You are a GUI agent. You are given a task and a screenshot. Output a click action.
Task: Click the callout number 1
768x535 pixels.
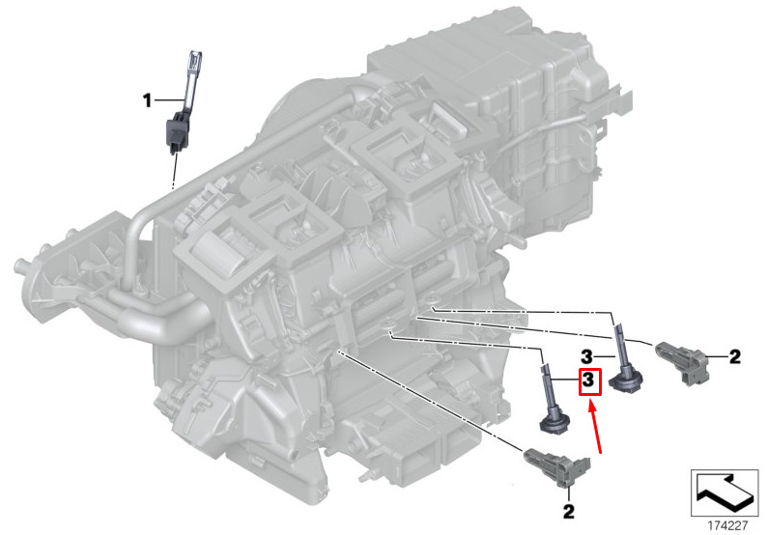point(147,100)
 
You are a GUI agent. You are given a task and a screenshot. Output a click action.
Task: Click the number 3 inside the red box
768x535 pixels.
point(589,380)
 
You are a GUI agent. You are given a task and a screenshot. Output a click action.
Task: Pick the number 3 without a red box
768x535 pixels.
point(586,356)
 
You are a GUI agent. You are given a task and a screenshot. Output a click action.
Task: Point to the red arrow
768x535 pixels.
point(595,425)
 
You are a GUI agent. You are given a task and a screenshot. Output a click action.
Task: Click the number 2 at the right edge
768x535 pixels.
point(735,357)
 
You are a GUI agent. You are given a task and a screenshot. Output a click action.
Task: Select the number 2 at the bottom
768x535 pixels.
point(568,512)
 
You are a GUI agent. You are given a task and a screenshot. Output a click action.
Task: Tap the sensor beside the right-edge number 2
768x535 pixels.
point(680,361)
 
